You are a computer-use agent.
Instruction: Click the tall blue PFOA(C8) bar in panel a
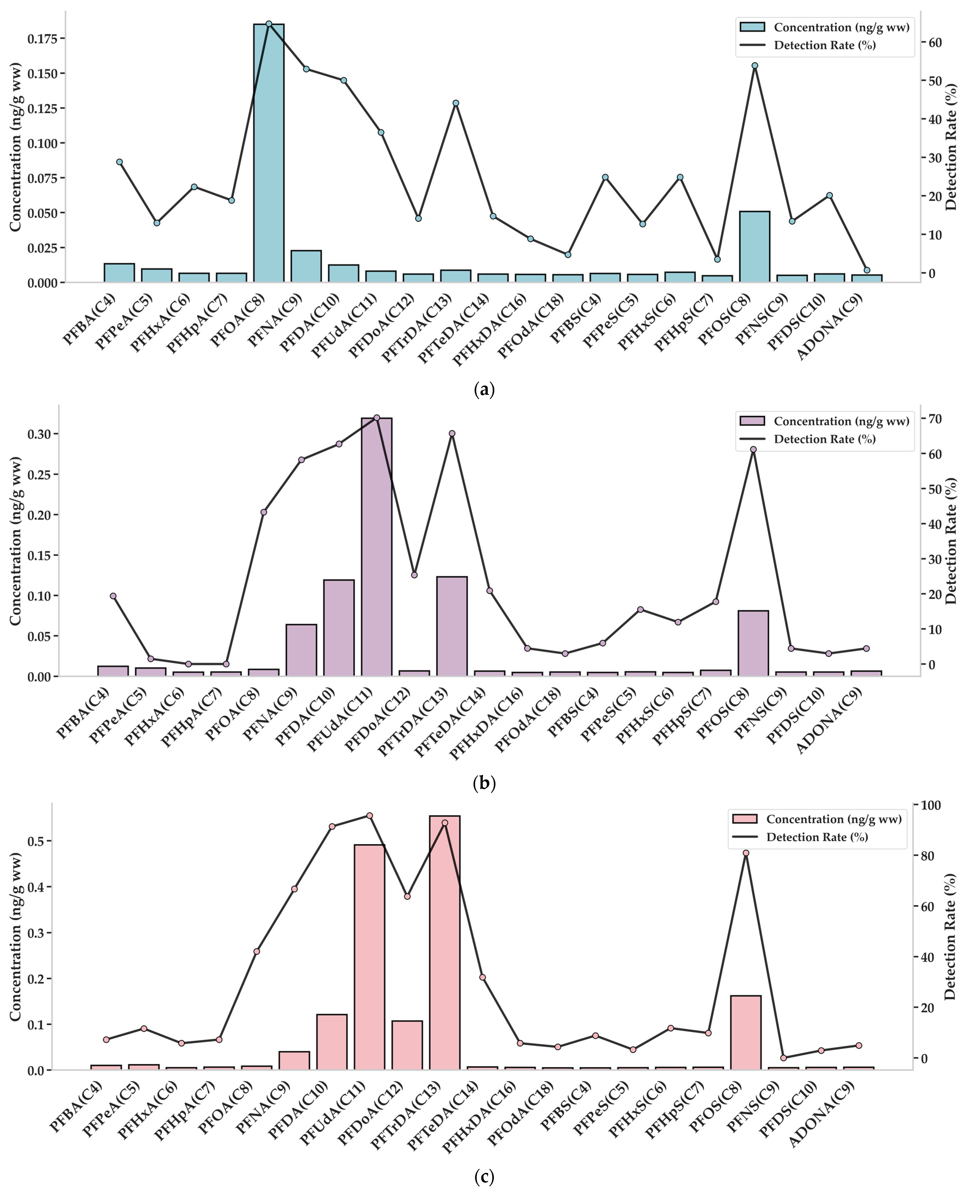269,153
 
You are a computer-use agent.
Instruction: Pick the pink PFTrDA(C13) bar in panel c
445,943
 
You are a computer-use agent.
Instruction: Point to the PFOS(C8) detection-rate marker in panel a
755,66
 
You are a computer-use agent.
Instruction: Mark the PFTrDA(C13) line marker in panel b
452,433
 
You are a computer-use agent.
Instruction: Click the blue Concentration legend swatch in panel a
752,27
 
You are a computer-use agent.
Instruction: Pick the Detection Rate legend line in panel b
752,439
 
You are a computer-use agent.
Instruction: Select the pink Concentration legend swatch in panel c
745,819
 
